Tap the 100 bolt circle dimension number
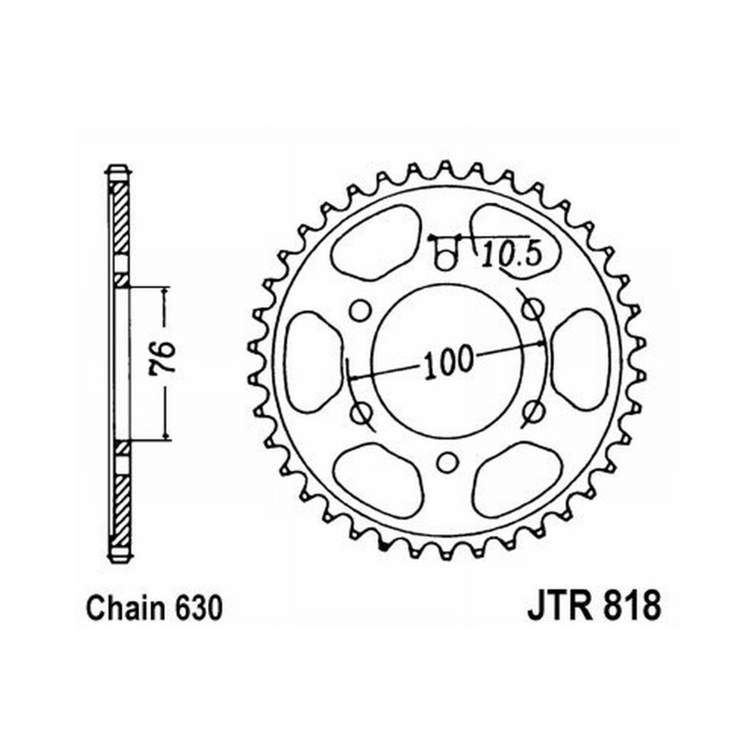coord(448,361)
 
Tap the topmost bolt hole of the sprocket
coord(447,260)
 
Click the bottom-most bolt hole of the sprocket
coord(447,463)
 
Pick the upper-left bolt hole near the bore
coord(358,311)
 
